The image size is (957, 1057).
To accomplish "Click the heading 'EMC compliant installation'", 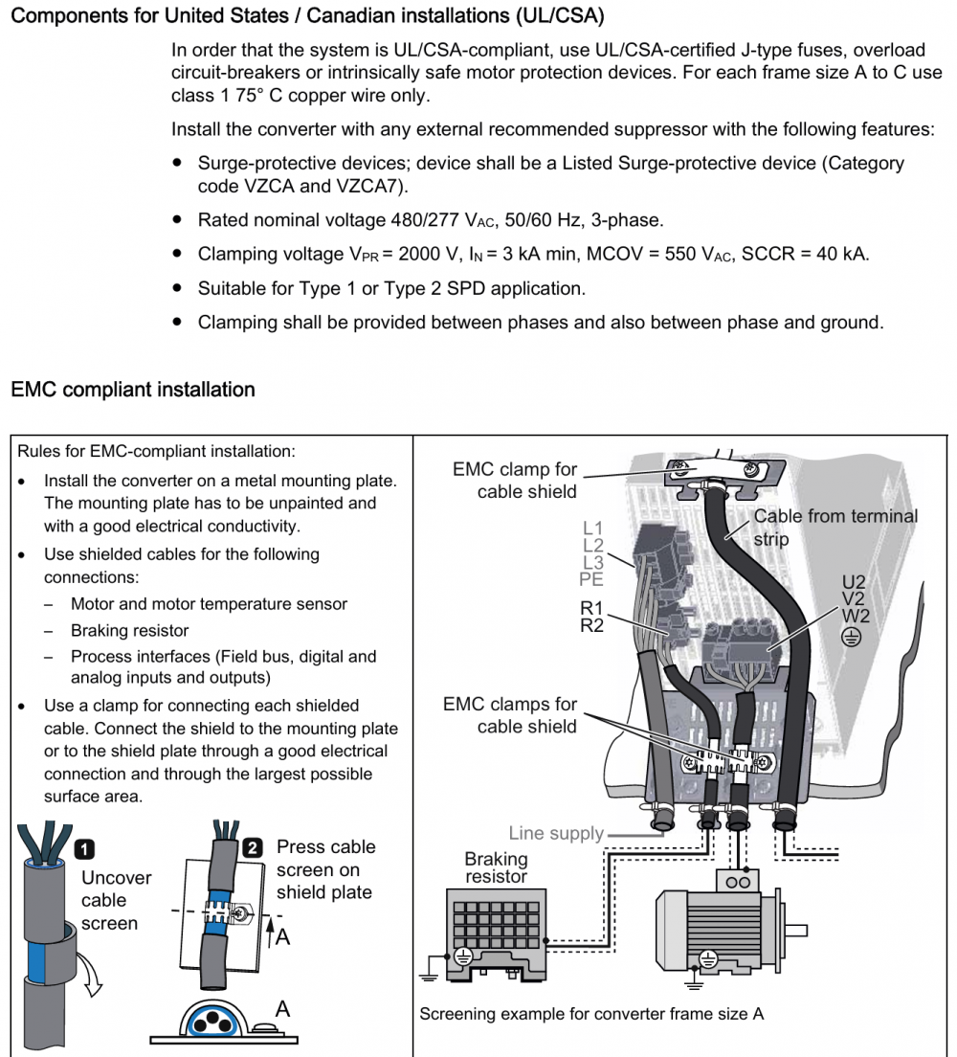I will [133, 390].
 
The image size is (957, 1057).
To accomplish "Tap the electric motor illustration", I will [719, 925].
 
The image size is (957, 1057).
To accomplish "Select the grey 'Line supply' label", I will [556, 833].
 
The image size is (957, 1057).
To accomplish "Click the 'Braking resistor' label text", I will [496, 867].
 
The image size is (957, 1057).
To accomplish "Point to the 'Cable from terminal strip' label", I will [835, 527].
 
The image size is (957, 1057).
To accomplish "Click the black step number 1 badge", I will [84, 848].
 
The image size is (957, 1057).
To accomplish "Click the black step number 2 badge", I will [253, 847].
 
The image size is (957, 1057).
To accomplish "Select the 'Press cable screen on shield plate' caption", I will [325, 869].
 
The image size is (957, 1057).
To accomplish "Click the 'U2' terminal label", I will [854, 581].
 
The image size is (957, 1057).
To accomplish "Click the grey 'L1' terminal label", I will [593, 528].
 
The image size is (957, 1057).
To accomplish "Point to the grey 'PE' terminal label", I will [592, 579].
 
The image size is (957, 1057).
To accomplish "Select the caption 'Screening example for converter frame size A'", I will [591, 1014].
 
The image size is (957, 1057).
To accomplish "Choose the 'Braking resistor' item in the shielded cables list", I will [129, 631].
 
